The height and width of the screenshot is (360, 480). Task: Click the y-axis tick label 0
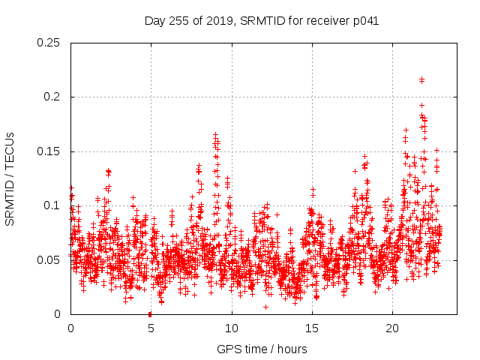pos(58,314)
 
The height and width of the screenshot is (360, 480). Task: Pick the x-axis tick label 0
pos(70,328)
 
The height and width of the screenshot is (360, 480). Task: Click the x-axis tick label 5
pos(151,328)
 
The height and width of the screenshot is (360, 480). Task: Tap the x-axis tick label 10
pos(232,328)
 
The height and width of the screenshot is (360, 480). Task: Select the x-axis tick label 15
pos(312,328)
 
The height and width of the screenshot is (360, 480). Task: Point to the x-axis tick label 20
pos(392,328)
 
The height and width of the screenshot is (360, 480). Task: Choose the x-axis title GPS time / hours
pos(262,349)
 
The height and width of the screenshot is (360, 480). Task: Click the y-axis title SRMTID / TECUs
pos(10,178)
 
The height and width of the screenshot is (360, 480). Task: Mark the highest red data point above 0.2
pos(421,79)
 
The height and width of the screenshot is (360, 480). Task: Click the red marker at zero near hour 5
pos(150,313)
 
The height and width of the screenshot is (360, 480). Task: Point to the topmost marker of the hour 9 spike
pos(215,135)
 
